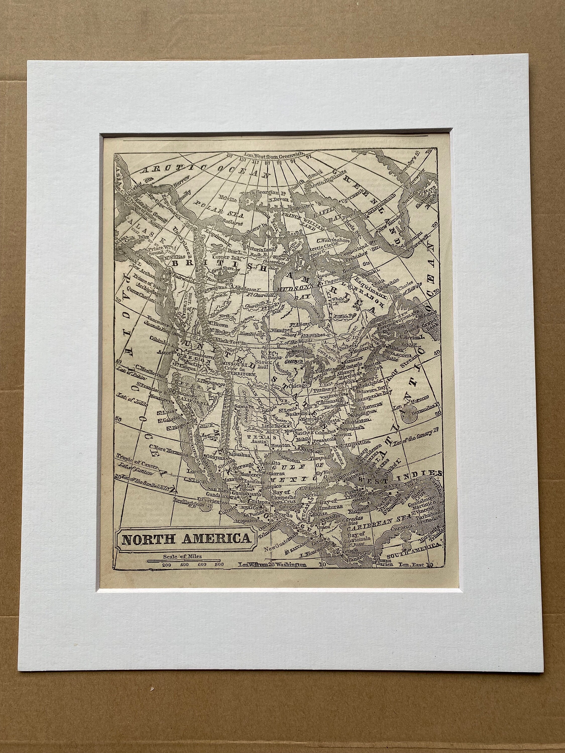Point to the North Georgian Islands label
click(x=261, y=194)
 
